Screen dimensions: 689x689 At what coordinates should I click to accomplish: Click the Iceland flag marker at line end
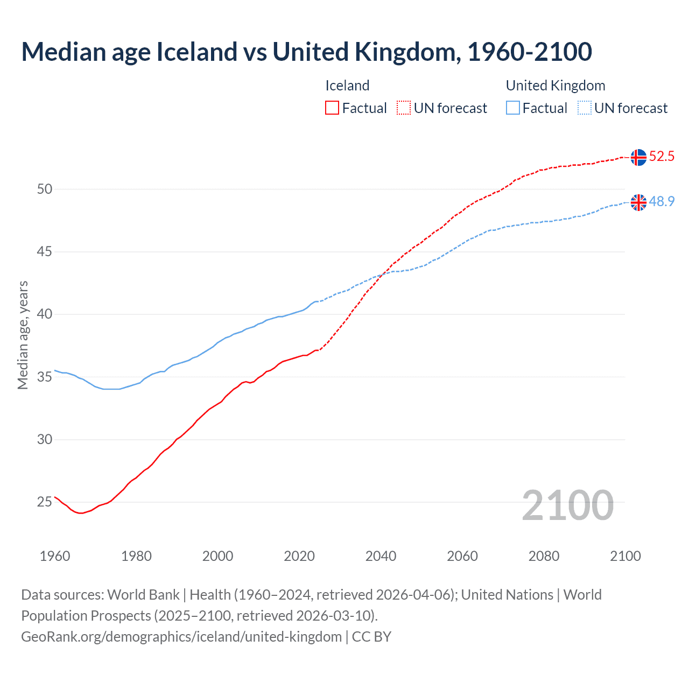(638, 157)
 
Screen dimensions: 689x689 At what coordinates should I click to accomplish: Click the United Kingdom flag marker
(638, 202)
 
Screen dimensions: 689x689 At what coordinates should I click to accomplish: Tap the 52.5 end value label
(662, 157)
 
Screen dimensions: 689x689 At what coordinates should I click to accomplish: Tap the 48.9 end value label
(662, 201)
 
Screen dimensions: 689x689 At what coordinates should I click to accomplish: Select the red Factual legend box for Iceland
(332, 108)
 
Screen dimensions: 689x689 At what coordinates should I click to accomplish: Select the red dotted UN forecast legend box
(404, 108)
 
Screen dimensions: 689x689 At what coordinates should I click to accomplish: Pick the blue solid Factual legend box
(513, 108)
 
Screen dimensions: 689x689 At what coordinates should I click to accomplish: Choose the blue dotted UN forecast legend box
(584, 108)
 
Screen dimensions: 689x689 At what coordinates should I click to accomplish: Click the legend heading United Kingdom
(556, 86)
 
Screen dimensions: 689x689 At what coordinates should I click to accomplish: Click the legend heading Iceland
(347, 86)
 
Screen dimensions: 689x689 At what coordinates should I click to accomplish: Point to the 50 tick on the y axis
(45, 189)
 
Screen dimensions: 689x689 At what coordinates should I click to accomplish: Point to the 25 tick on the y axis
(45, 502)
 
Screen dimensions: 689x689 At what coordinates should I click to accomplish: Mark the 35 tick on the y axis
(45, 377)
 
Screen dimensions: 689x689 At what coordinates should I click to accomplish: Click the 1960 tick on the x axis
(55, 556)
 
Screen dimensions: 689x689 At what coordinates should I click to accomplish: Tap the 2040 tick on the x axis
(381, 556)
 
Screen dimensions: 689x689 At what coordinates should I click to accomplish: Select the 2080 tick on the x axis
(544, 556)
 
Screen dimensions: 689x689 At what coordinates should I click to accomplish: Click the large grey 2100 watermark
(568, 505)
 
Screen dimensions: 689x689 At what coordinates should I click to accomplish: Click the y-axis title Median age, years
(23, 335)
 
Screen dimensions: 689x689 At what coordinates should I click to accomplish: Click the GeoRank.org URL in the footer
(181, 637)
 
